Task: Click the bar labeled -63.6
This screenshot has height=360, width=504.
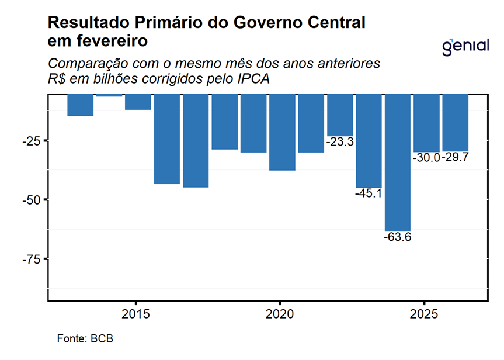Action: [x=398, y=162]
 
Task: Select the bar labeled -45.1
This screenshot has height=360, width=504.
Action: [x=369, y=140]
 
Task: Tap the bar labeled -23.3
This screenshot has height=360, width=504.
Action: [x=340, y=115]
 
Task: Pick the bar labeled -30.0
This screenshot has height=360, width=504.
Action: [x=426, y=123]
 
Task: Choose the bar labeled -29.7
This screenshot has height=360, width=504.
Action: [x=455, y=122]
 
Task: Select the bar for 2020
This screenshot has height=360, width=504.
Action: [x=282, y=131]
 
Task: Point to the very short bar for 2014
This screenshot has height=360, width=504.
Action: [x=109, y=95]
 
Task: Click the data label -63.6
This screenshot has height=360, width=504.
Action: [x=398, y=237]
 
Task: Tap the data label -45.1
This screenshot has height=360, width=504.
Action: [x=369, y=193]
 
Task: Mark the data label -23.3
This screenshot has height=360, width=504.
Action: [x=340, y=141]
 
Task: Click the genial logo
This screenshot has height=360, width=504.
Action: [x=465, y=46]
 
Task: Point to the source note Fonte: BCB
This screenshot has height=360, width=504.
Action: [x=85, y=338]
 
